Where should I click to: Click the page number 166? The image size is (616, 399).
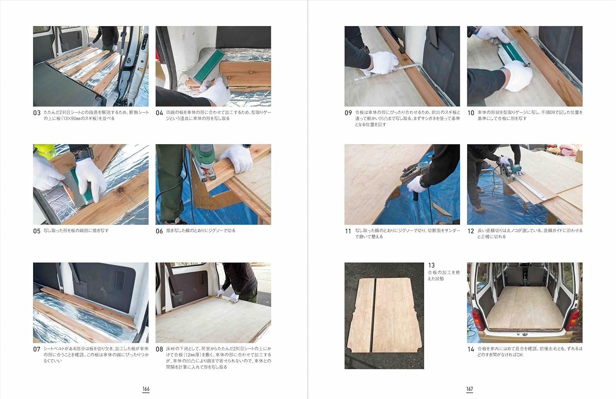pyautogui.click(x=146, y=389)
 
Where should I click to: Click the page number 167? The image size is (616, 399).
pyautogui.click(x=469, y=389)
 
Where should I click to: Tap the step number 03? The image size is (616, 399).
pyautogui.click(x=37, y=113)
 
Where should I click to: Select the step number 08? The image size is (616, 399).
pyautogui.click(x=159, y=349)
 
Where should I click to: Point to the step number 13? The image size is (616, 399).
pyautogui.click(x=431, y=265)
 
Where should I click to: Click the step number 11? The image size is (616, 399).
pyautogui.click(x=348, y=231)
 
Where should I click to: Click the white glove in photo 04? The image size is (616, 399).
pyautogui.click(x=216, y=90)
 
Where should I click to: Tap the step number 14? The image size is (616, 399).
pyautogui.click(x=471, y=349)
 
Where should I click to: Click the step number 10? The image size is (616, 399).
pyautogui.click(x=471, y=113)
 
